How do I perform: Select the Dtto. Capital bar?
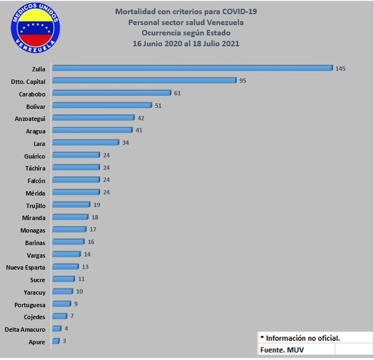click(144, 81)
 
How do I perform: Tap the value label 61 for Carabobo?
click(177, 93)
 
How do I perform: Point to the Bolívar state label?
click(35, 106)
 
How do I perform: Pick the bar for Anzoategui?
click(93, 118)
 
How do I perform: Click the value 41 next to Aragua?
click(139, 131)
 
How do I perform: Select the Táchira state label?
click(35, 168)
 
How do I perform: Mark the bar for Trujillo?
click(71, 205)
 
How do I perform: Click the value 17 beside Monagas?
click(93, 229)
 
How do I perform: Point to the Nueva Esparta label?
click(26, 267)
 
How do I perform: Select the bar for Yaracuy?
click(63, 291)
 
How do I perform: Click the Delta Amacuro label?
click(24, 329)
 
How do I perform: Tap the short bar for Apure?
click(56, 341)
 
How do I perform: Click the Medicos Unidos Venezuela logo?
click(36, 27)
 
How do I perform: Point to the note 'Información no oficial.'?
click(303, 338)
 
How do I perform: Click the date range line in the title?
click(186, 44)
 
